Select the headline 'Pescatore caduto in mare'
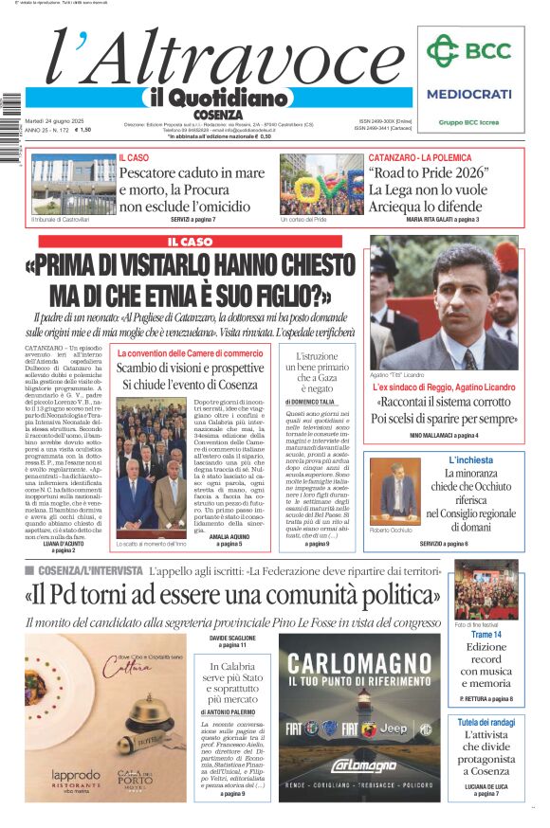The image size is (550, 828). click(192, 173)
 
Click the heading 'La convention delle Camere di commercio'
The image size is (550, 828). click(190, 353)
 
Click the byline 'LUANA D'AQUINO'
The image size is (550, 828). click(64, 543)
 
